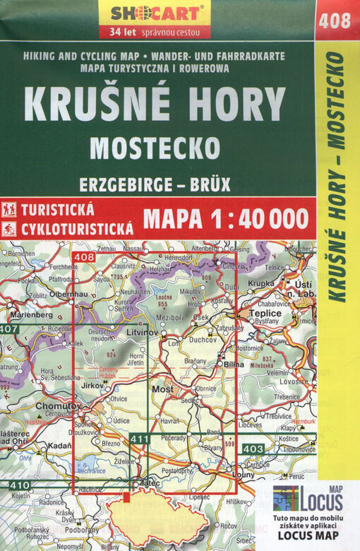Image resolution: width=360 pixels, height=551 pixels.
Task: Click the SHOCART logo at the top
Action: (x=157, y=13)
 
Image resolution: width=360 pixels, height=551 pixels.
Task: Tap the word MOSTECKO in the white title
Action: (x=155, y=148)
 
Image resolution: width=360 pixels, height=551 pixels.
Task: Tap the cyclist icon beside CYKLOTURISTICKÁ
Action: (x=9, y=228)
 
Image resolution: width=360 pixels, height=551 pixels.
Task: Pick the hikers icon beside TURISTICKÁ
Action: (x=9, y=209)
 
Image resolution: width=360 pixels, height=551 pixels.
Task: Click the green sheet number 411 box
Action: (x=140, y=439)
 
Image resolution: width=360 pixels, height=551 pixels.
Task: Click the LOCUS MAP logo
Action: (x=308, y=499)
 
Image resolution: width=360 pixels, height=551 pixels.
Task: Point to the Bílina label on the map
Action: (x=234, y=365)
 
